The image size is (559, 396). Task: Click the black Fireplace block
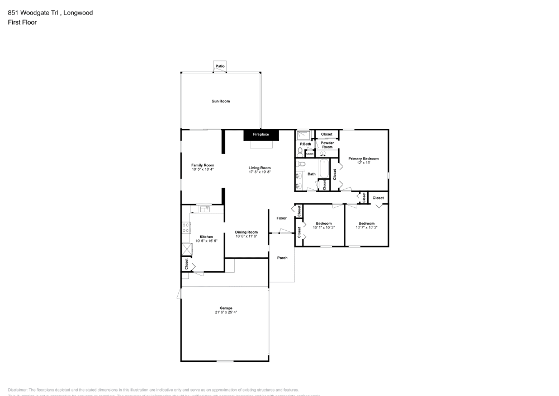click(x=261, y=134)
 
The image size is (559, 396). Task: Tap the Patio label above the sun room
click(x=220, y=67)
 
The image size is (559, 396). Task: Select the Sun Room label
click(x=220, y=101)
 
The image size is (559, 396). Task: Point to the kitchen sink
click(x=205, y=209)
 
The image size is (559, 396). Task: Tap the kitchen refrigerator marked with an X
click(x=186, y=249)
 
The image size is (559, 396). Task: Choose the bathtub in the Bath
click(x=324, y=168)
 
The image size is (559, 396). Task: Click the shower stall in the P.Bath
click(x=304, y=135)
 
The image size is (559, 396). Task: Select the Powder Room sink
click(x=323, y=153)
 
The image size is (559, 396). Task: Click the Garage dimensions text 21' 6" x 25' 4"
click(x=226, y=312)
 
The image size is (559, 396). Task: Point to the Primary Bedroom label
click(x=363, y=159)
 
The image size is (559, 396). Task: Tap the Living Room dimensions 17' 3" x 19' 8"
click(x=260, y=172)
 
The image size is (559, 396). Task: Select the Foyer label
click(x=281, y=218)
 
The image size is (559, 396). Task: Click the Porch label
click(x=282, y=258)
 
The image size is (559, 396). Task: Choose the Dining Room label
click(x=246, y=232)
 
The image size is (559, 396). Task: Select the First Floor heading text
click(x=22, y=22)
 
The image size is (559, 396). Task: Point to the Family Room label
click(x=202, y=165)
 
